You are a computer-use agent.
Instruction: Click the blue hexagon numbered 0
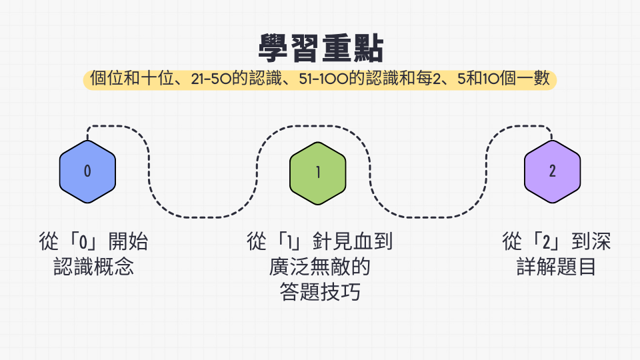pos(87,171)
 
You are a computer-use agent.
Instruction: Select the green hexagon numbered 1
pos(318,173)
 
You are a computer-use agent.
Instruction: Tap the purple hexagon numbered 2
pos(552,171)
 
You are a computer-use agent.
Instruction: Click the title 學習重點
pos(321,48)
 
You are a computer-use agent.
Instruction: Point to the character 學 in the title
pos(274,48)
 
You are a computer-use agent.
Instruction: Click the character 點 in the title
pos(369,48)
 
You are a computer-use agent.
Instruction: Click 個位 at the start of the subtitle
pos(106,79)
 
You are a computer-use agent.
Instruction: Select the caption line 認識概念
pos(93,267)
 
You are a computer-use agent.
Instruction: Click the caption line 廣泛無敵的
pos(319,267)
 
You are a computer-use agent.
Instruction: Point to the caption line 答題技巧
pos(320,292)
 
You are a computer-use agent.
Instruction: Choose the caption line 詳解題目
pos(556,267)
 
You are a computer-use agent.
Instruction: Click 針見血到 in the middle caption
pos(353,241)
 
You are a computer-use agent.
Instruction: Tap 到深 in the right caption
pos(591,241)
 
